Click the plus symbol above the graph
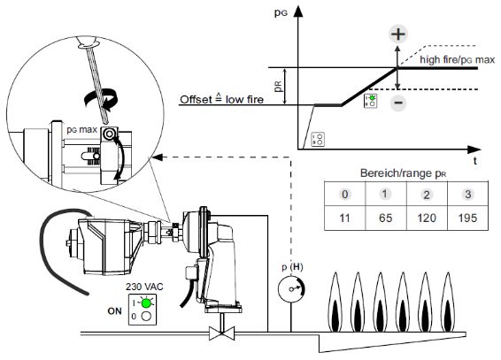(397, 34)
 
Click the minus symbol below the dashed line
(398, 103)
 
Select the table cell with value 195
(467, 218)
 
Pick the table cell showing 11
(344, 218)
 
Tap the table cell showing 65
(386, 218)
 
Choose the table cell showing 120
(427, 218)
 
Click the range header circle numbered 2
(427, 195)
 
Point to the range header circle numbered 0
(345, 194)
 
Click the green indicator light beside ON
(146, 303)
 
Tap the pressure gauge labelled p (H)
(291, 289)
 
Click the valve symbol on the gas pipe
(222, 333)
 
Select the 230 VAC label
(144, 287)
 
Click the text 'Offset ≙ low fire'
(222, 99)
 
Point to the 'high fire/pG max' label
(458, 60)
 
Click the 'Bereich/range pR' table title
(404, 173)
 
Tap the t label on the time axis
(475, 160)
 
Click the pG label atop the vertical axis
(281, 12)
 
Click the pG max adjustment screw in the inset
(109, 134)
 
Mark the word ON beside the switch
(115, 310)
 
